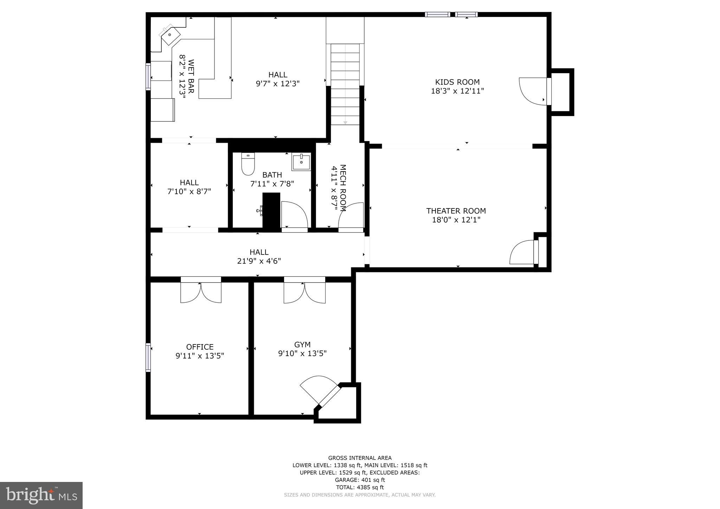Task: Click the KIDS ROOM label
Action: (x=457, y=82)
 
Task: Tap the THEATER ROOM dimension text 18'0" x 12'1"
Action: (x=456, y=220)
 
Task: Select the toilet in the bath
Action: (x=248, y=164)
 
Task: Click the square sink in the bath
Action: (x=301, y=162)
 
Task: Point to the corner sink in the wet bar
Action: (x=170, y=35)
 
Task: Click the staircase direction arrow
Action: (x=345, y=122)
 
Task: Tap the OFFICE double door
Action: (x=201, y=292)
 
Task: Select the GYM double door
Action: (x=304, y=292)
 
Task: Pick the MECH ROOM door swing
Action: (x=351, y=216)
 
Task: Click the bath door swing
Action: (x=295, y=215)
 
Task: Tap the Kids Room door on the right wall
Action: (x=534, y=91)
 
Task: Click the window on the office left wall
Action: (x=148, y=357)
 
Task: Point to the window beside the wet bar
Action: (x=148, y=77)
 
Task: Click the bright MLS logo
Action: (x=41, y=495)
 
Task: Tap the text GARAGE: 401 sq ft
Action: (x=360, y=480)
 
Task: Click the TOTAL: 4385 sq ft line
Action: (x=360, y=487)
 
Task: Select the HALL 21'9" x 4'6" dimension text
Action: (x=259, y=261)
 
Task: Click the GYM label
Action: (x=302, y=345)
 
